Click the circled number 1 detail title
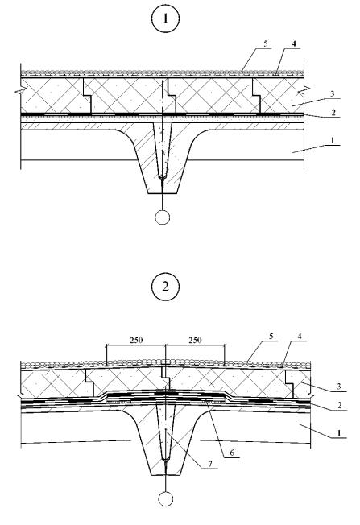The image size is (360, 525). (x=165, y=19)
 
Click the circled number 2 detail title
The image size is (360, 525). (x=165, y=287)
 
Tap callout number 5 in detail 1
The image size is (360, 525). (x=266, y=43)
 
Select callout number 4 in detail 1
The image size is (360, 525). (x=294, y=43)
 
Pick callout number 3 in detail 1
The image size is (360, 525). (x=332, y=93)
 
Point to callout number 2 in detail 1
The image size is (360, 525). (x=333, y=112)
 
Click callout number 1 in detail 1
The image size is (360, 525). (x=333, y=140)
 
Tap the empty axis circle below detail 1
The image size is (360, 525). (x=163, y=217)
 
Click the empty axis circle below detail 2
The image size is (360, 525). (x=166, y=499)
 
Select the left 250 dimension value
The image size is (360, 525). (x=136, y=340)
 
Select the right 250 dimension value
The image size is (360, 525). (x=195, y=340)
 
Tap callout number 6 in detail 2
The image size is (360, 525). (x=232, y=453)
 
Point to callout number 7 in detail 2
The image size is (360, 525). (x=210, y=464)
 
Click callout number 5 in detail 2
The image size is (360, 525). (x=271, y=336)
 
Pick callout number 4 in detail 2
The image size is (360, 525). (x=300, y=336)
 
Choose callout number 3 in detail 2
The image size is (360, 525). (x=338, y=387)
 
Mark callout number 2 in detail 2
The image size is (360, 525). (x=340, y=405)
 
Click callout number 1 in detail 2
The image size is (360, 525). (x=339, y=433)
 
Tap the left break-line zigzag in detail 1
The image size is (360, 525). (x=21, y=91)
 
